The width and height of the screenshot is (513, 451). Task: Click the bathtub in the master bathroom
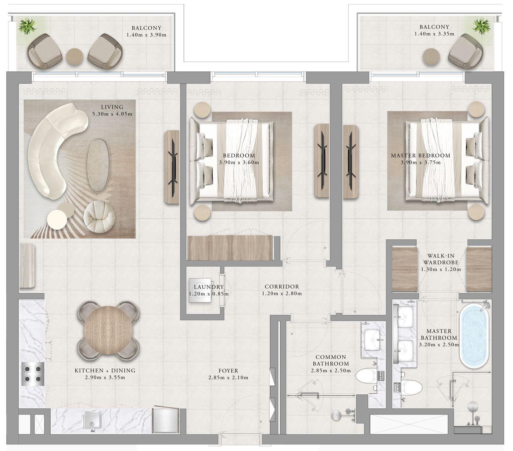click(474, 337)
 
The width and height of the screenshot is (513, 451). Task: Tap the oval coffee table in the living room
click(98, 164)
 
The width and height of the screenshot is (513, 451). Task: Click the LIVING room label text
click(112, 107)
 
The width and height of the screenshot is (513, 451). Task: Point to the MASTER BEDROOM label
click(420, 156)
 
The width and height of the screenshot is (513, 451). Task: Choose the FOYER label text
click(228, 371)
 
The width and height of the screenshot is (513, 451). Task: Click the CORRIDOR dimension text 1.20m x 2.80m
click(281, 293)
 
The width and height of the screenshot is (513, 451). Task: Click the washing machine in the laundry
click(200, 291)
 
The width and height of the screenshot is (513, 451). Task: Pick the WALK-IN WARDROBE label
click(440, 259)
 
